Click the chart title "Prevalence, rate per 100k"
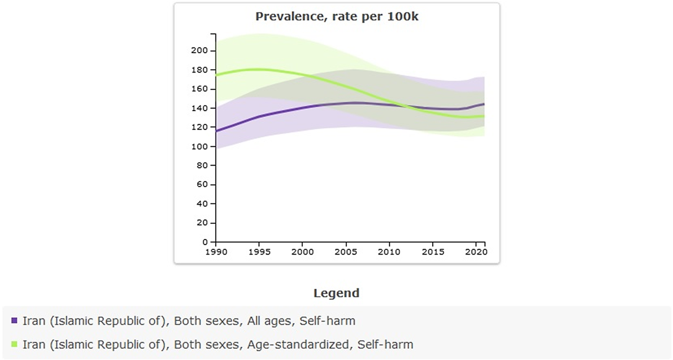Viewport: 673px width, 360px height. coord(337,17)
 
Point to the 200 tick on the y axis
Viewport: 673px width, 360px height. coord(200,50)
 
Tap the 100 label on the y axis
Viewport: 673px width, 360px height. coord(200,146)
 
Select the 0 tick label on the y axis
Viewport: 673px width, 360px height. coord(205,242)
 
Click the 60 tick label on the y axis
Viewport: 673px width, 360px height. coord(202,185)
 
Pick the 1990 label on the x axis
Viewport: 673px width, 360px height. coord(216,252)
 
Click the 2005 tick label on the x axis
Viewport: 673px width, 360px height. coord(346,252)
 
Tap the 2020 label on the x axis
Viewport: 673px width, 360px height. coord(476,252)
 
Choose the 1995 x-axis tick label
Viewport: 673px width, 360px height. coord(259,252)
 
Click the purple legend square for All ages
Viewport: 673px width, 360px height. coord(14,320)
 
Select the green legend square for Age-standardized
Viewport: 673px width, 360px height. coord(14,344)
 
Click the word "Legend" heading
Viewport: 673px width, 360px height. coord(336,293)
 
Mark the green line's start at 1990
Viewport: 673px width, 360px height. coord(216,75)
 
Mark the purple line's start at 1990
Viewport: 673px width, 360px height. coord(216,132)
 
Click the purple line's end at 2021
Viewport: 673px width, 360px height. coord(484,104)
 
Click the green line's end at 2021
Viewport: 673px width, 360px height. coord(484,116)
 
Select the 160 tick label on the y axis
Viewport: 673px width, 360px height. coord(200,89)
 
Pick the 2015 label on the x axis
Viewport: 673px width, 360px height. coord(433,252)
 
